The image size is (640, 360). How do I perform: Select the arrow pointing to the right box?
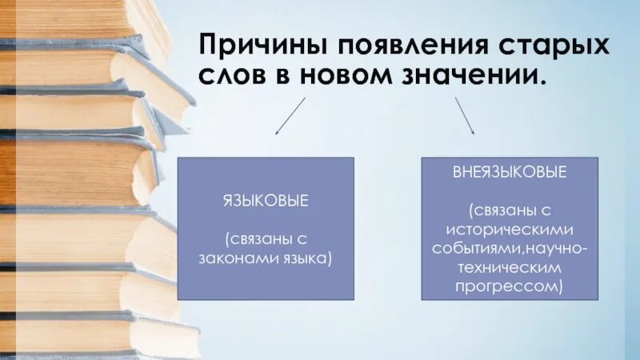click(465, 115)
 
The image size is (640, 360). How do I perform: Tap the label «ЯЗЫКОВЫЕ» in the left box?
click(266, 201)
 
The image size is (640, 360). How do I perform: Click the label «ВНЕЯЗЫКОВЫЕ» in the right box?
click(509, 173)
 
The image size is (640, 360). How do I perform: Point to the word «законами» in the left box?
click(237, 258)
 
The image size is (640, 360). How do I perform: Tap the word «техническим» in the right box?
click(509, 266)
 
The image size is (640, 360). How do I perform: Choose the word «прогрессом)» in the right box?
click(509, 286)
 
